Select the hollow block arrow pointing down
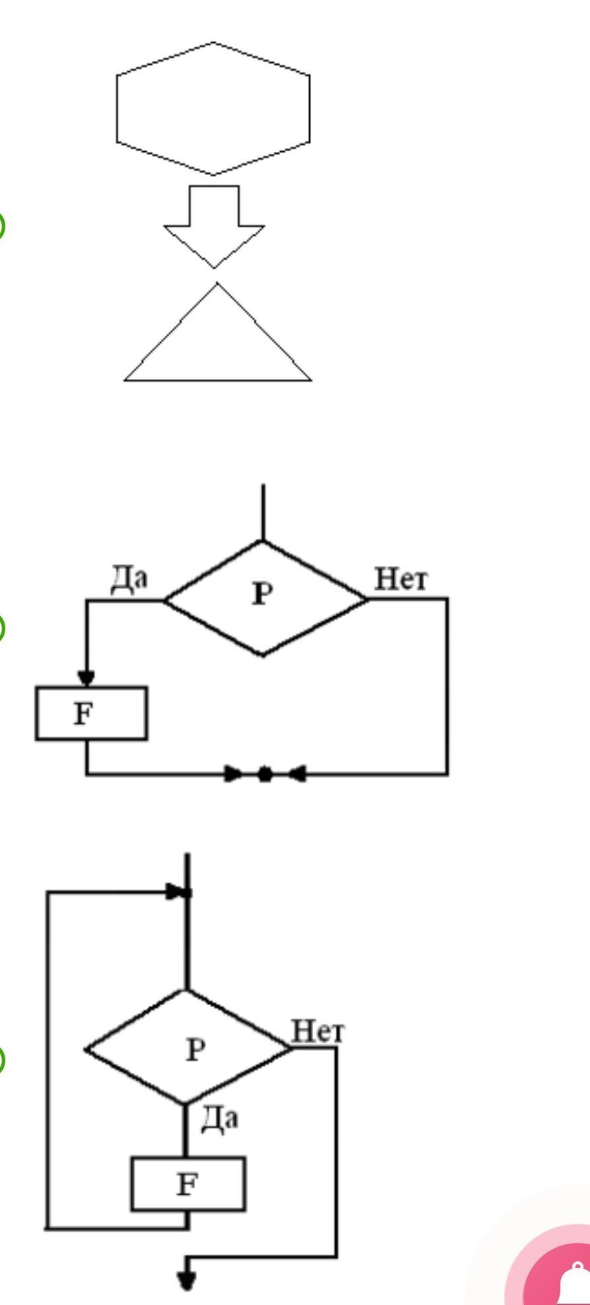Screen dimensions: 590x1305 [x=214, y=227]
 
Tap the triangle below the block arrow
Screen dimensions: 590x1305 [x=217, y=332]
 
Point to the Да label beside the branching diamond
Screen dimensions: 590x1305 [x=129, y=579]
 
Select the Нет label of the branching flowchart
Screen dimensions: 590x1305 [x=401, y=579]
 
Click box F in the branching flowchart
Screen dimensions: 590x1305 [x=91, y=713]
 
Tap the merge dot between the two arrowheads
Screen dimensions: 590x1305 [x=264, y=773]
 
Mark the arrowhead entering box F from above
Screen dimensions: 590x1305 [x=87, y=678]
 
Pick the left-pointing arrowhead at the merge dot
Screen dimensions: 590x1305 [x=297, y=773]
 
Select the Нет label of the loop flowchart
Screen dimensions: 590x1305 [x=318, y=1031]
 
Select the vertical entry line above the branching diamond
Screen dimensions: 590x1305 [x=263, y=512]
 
